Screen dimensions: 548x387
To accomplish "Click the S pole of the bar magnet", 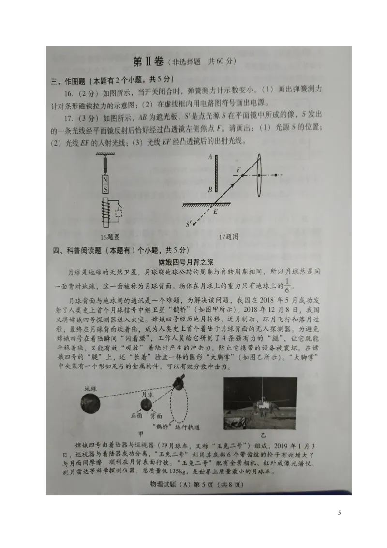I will pyautogui.click(x=105, y=189).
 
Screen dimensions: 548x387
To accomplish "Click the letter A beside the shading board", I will pyautogui.click(x=210, y=156).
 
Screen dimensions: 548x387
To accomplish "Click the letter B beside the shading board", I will pyautogui.click(x=210, y=189).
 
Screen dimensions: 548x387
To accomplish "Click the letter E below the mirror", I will pyautogui.click(x=215, y=211).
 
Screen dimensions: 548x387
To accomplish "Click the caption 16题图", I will pyautogui.click(x=110, y=237).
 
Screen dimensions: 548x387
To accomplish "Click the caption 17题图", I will pyautogui.click(x=228, y=237).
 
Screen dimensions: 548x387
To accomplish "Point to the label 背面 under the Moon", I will pyautogui.click(x=156, y=416).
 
